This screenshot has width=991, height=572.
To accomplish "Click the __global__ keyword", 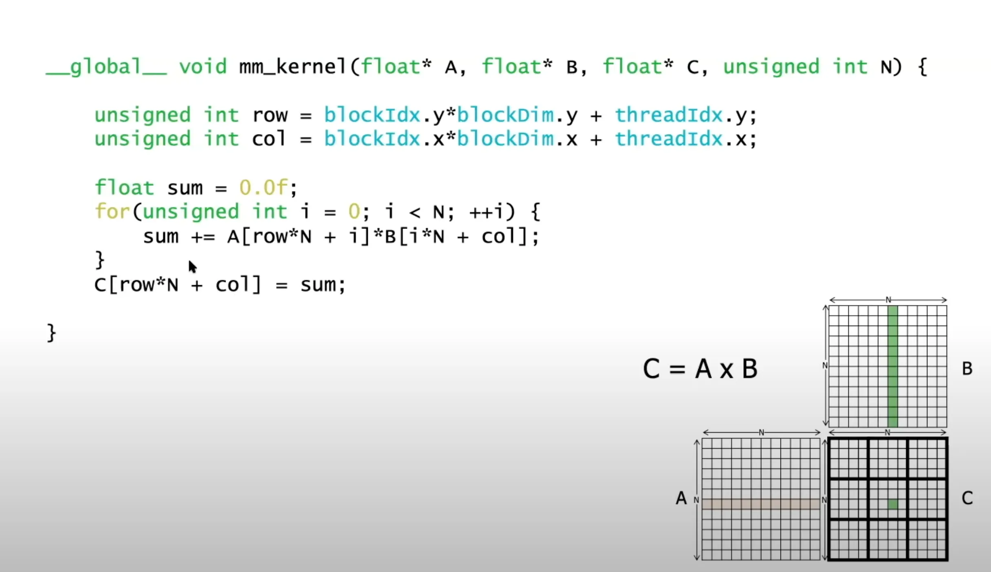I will [x=106, y=67].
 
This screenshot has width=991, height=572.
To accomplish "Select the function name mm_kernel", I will [x=292, y=67].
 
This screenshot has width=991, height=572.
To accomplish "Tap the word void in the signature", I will [x=203, y=67].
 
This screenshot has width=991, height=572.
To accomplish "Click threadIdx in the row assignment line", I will [x=668, y=115].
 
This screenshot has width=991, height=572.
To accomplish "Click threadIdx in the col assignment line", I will [x=668, y=139].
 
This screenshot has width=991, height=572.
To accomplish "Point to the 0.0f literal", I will [x=263, y=188].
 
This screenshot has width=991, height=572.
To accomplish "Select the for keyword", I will [x=112, y=212].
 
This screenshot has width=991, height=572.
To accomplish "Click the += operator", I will [x=203, y=237].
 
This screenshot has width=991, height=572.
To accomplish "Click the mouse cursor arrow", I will [x=192, y=267].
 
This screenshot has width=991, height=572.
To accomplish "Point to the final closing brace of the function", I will [x=51, y=333].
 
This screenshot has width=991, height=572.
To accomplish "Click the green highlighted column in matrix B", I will [x=892, y=367].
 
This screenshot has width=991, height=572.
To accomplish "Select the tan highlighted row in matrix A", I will [x=761, y=504].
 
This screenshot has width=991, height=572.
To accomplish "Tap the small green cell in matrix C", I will [x=893, y=504].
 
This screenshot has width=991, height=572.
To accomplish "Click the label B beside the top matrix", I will [x=967, y=369].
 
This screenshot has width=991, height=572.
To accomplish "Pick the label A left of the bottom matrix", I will [x=681, y=498].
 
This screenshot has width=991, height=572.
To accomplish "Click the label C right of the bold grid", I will [x=967, y=498].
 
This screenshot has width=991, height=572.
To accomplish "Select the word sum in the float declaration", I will [x=185, y=188].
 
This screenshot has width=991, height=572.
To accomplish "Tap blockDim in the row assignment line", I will [x=505, y=115].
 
